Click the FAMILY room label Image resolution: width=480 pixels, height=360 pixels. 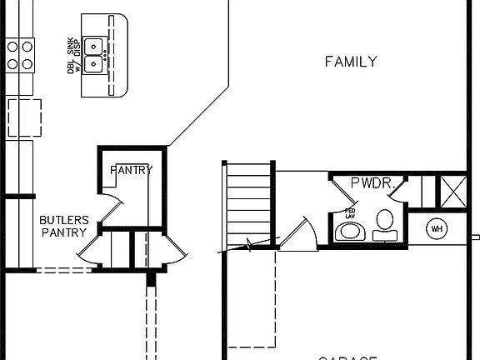coord(351,61)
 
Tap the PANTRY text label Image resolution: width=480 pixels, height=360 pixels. coord(131,170)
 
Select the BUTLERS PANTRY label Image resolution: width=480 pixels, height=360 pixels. coord(63,226)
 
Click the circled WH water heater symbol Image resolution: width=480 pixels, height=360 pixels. coord(436,227)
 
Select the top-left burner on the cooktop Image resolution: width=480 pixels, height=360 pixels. coord(12,47)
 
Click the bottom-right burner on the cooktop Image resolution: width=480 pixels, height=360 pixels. coord(26,62)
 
